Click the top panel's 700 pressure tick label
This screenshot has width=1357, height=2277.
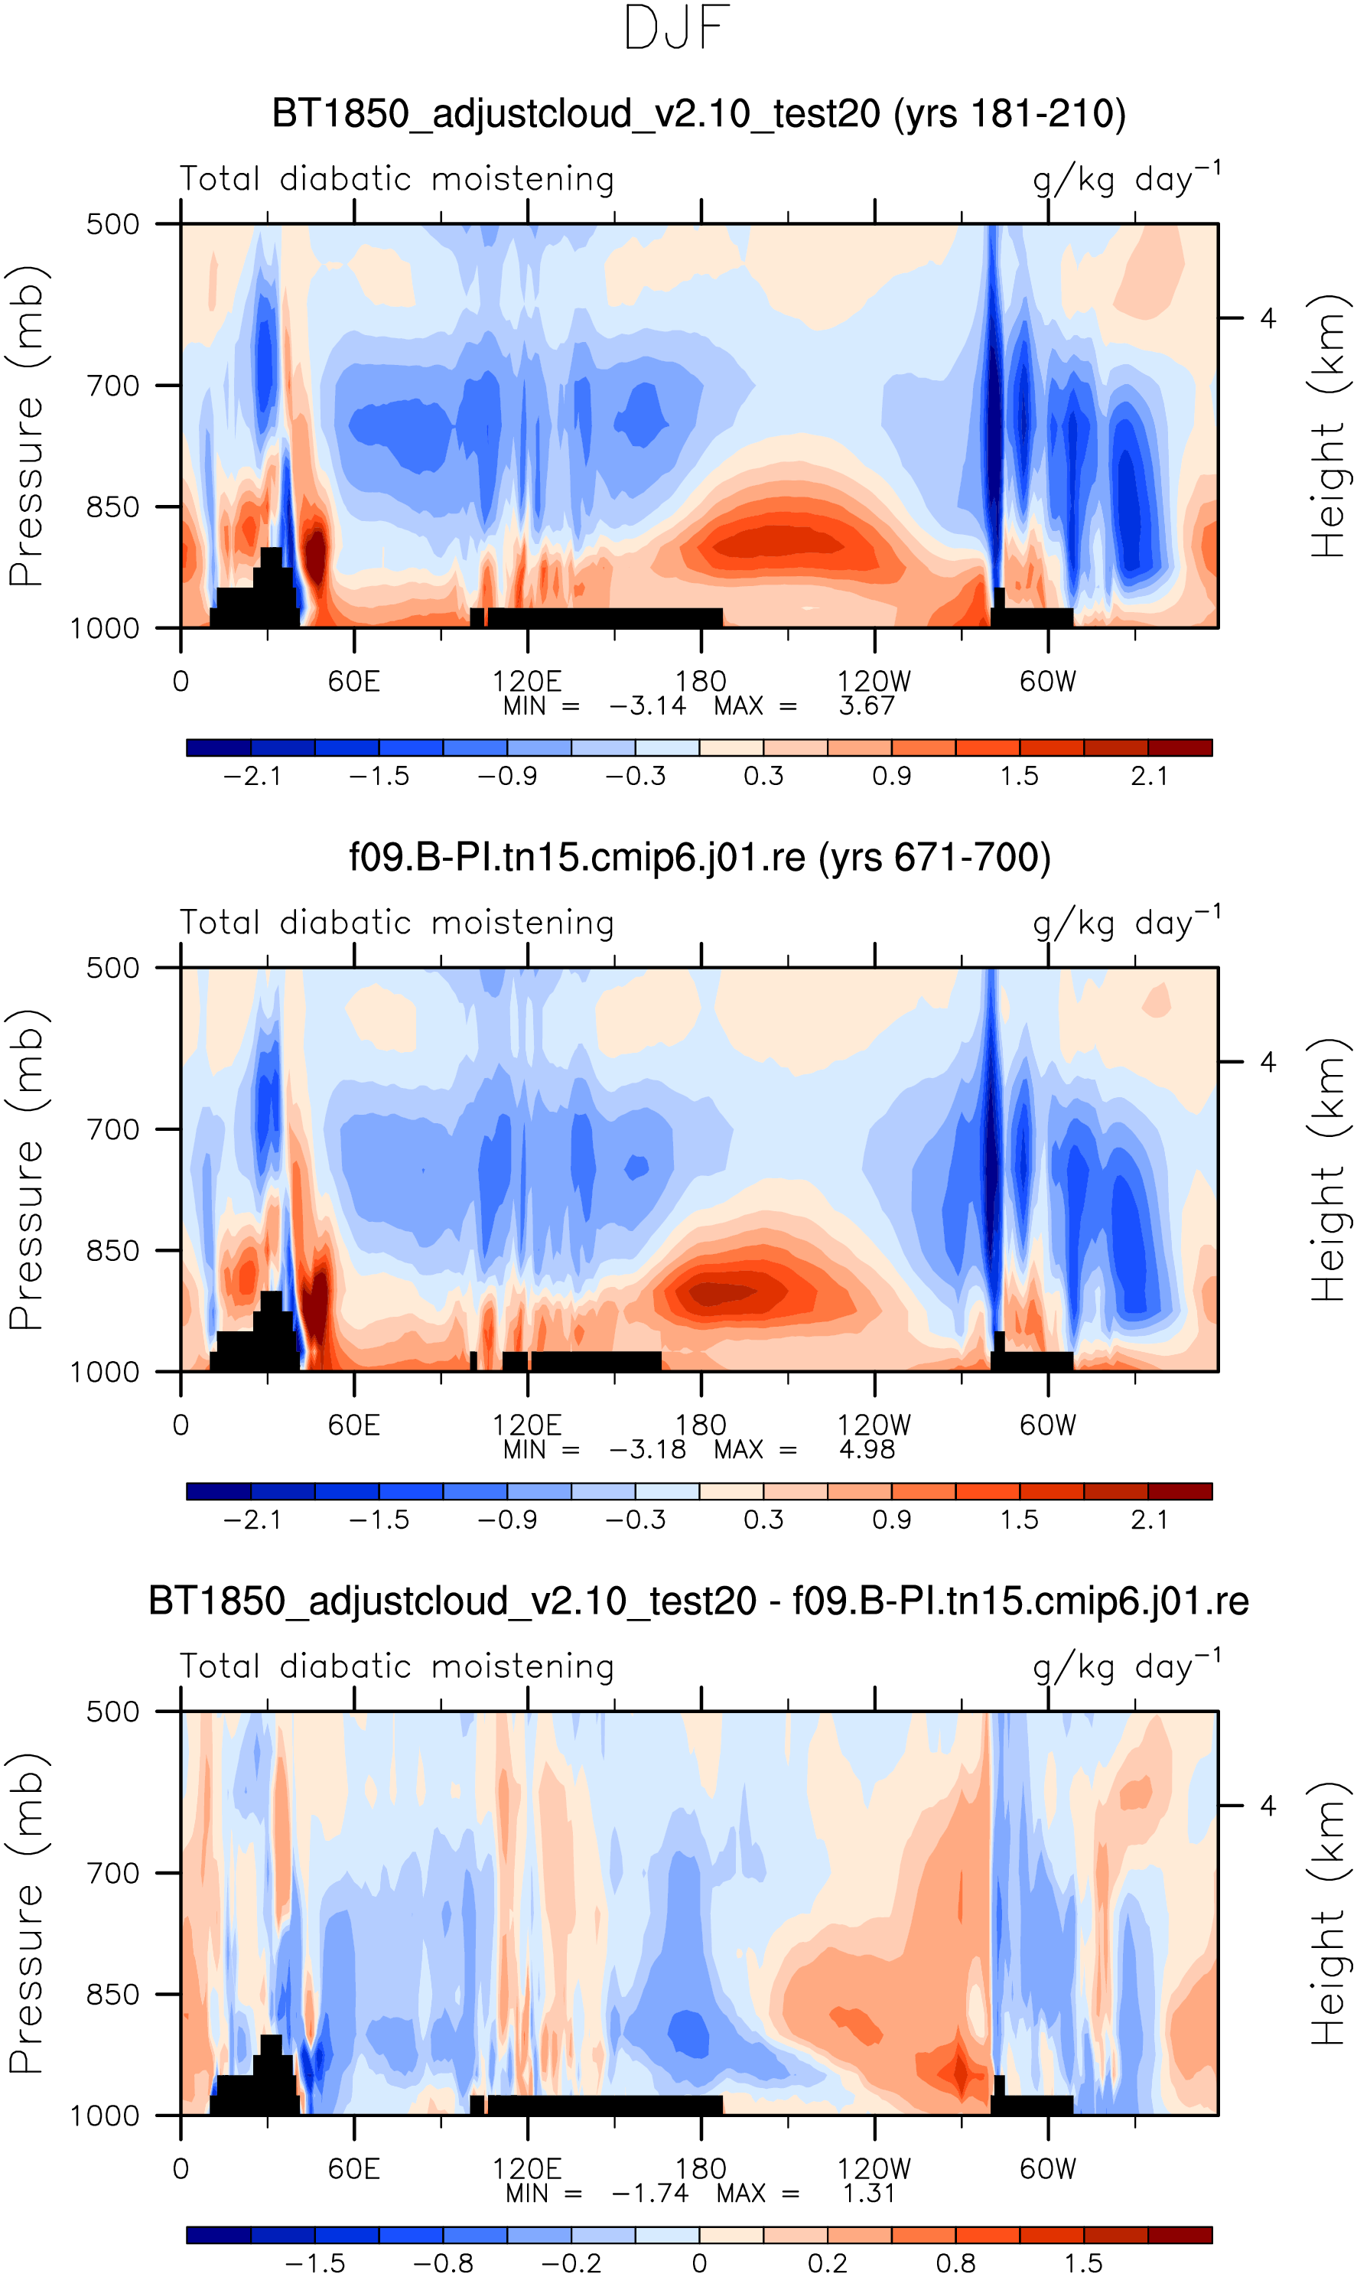point(112,386)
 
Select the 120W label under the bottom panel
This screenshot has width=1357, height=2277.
point(874,2169)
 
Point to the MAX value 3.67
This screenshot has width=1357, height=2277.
point(867,706)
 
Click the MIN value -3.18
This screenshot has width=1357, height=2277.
point(647,1449)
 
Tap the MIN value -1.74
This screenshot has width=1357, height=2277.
point(649,2193)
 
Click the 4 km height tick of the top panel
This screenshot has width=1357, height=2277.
point(1268,318)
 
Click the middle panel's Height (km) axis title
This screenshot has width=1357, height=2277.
point(1329,1170)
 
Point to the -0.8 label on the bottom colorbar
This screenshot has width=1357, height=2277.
point(444,2263)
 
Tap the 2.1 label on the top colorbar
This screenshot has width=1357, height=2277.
point(1148,777)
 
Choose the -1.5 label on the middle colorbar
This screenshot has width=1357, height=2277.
point(379,1520)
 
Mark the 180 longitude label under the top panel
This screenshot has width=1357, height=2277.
point(701,681)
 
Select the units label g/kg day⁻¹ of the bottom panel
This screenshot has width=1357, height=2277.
point(1127,1666)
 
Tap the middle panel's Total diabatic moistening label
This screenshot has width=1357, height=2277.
point(397,923)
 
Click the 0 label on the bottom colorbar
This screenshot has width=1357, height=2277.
point(699,2263)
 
